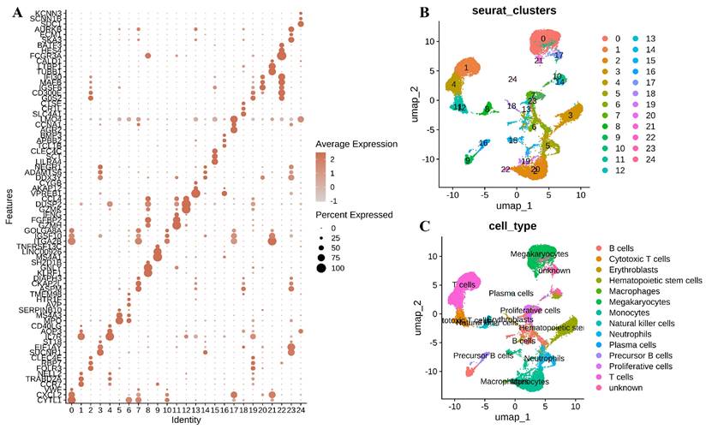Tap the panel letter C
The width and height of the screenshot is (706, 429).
(x=423, y=228)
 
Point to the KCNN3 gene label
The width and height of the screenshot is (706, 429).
(x=51, y=14)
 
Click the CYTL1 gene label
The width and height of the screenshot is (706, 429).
(x=52, y=400)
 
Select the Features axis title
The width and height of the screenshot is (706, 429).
(x=9, y=207)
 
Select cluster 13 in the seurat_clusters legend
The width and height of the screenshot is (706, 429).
(x=650, y=39)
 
